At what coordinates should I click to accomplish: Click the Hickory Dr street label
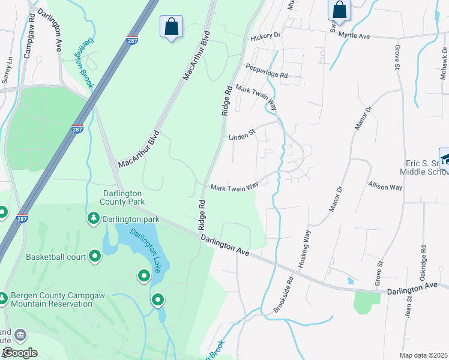265,36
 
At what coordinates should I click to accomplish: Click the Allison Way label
385,187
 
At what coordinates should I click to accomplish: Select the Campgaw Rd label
28,41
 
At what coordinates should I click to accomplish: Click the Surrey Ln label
7,70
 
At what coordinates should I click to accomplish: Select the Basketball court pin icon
95,257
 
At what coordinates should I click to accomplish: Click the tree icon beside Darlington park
93,219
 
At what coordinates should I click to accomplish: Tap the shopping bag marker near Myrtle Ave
339,10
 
